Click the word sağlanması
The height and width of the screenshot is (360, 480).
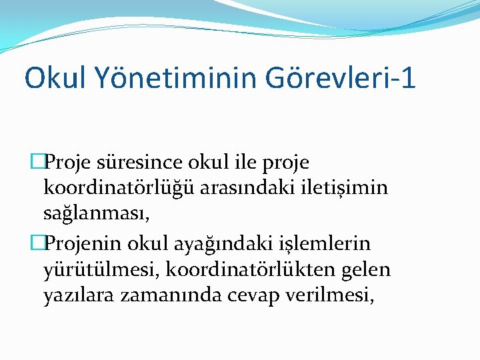tap(93, 215)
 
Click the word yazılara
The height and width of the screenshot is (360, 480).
tap(79, 296)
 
